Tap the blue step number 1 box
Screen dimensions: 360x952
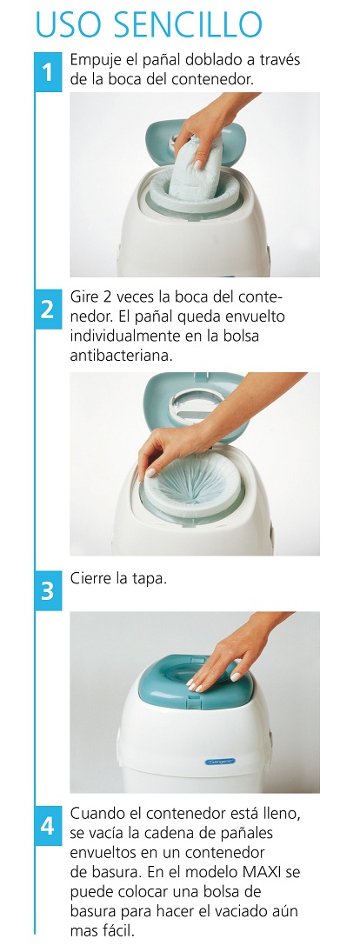[47, 71]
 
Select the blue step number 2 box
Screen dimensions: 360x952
[47, 310]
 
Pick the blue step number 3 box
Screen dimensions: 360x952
[47, 590]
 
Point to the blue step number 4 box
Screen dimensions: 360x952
[47, 826]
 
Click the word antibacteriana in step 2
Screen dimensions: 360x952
[122, 356]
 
